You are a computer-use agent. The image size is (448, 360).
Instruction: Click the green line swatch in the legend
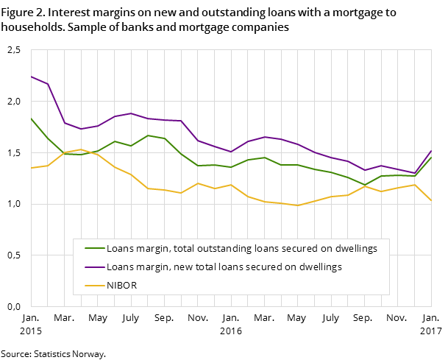coord(94,249)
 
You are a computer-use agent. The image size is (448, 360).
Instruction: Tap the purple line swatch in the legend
coord(94,267)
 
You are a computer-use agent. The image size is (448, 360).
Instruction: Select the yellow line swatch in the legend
coord(94,286)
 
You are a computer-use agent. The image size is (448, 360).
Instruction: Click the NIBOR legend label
coord(122,286)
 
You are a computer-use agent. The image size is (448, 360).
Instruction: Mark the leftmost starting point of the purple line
coord(31,77)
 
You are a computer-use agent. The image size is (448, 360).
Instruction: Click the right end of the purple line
coord(431,150)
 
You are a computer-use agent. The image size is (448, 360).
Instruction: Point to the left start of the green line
coord(31,118)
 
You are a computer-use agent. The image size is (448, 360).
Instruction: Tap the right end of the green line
coord(431,158)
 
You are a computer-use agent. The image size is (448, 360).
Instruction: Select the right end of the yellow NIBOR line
coord(431,201)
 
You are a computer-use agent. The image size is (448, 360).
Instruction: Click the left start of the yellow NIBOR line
coord(31,168)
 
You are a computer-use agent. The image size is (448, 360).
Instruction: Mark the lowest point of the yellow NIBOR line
coord(298,205)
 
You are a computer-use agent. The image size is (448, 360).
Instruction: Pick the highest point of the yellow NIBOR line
coord(81,149)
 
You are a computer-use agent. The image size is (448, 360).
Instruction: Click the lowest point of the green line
coord(365,185)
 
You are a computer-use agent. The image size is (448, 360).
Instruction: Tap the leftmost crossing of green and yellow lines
coord(63,153)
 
